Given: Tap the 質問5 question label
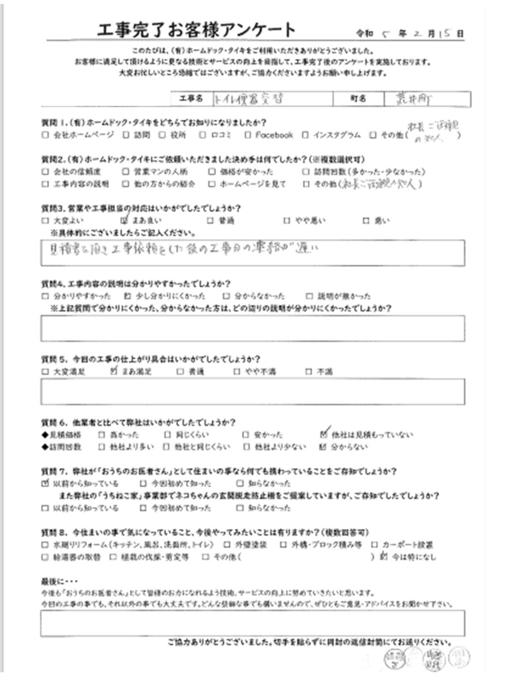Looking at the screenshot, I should pos(54,359).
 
